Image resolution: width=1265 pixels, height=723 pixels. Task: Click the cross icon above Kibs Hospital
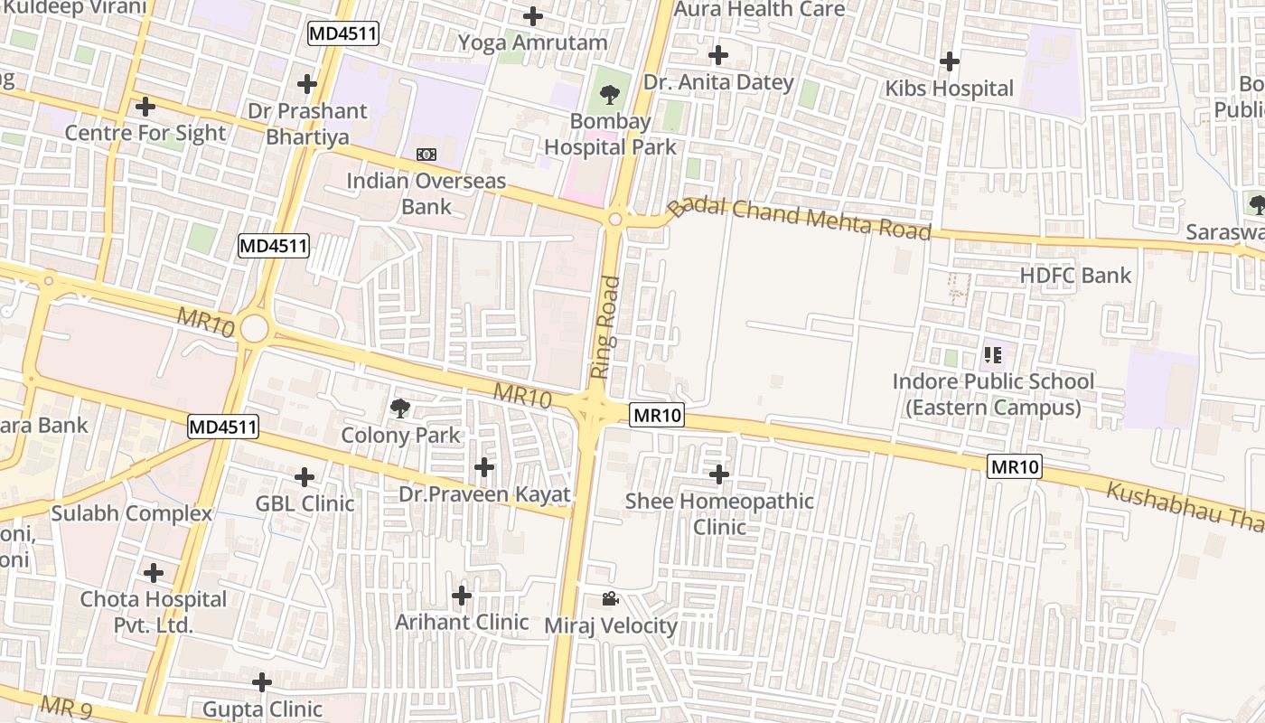click(949, 61)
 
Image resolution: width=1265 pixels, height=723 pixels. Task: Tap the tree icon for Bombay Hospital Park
click(610, 93)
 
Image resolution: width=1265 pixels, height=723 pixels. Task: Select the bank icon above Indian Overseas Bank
click(426, 155)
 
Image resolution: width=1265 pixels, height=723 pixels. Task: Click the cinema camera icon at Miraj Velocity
click(610, 598)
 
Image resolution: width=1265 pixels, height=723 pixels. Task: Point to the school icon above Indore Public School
click(993, 354)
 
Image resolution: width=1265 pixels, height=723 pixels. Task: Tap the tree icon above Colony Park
click(399, 408)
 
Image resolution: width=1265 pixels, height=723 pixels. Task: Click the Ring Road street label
click(606, 326)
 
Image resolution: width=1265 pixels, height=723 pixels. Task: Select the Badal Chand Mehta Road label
click(800, 218)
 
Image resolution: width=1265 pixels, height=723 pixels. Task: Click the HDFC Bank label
click(1075, 276)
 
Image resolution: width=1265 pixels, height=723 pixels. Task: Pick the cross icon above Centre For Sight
click(145, 107)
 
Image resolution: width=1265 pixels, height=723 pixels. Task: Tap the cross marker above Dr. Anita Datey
click(718, 55)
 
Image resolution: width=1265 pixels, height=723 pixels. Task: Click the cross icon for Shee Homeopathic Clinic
click(719, 474)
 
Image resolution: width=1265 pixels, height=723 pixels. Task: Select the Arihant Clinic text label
click(462, 622)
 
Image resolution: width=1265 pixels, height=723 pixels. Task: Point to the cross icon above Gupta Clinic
click(262, 681)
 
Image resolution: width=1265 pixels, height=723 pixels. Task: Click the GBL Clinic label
click(305, 503)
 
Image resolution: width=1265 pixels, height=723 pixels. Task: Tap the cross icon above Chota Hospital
click(154, 572)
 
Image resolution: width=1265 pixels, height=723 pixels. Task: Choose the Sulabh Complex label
click(131, 513)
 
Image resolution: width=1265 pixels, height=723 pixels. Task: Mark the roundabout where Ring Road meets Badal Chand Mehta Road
click(615, 219)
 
